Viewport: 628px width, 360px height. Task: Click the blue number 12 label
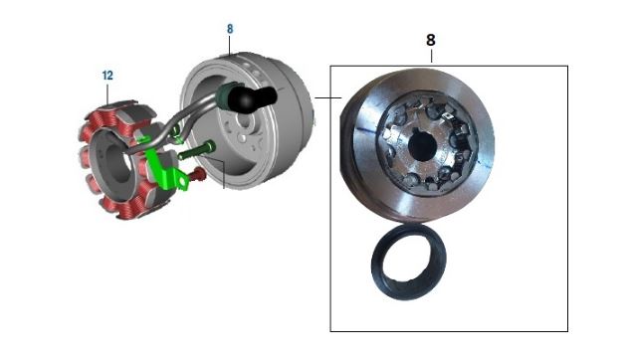(107, 76)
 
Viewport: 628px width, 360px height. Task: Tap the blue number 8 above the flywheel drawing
(230, 29)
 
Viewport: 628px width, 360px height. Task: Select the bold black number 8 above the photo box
(431, 40)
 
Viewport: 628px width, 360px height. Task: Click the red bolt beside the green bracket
(198, 174)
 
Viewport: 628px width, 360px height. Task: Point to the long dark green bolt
(196, 150)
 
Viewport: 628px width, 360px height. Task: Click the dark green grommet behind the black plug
(223, 96)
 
